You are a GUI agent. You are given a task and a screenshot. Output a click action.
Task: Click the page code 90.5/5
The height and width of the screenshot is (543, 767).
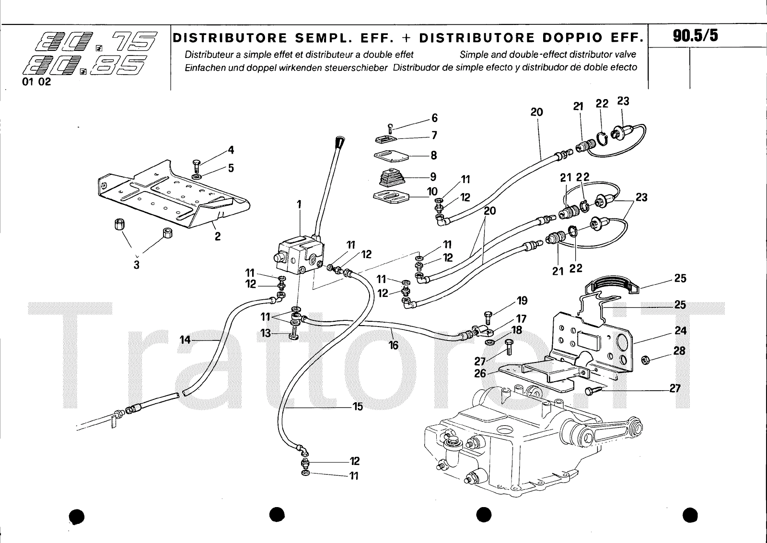695,36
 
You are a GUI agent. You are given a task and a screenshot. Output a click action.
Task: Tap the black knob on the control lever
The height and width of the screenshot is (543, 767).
340,142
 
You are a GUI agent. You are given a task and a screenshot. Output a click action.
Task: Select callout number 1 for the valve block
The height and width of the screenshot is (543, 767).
299,204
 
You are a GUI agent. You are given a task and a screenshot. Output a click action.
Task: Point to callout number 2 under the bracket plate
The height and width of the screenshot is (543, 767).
217,236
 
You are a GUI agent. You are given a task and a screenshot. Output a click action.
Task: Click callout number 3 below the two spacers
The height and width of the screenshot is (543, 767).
137,265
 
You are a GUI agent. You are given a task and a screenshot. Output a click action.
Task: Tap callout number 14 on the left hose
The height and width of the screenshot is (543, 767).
185,339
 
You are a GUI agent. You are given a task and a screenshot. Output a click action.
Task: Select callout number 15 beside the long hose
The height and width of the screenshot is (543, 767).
358,407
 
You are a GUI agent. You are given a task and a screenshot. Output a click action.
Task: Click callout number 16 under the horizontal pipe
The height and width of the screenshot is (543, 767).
394,345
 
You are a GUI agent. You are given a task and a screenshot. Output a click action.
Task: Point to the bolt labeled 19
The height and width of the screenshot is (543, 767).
487,317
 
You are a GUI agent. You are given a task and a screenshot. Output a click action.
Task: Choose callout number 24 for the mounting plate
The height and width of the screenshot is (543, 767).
680,330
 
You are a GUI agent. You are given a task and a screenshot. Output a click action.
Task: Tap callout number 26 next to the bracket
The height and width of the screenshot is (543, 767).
480,373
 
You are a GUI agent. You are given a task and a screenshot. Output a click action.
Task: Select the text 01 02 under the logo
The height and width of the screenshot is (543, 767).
36,81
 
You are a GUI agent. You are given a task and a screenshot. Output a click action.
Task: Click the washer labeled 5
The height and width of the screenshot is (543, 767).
197,177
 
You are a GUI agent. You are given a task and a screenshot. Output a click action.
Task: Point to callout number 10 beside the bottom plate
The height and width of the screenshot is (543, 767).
432,192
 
